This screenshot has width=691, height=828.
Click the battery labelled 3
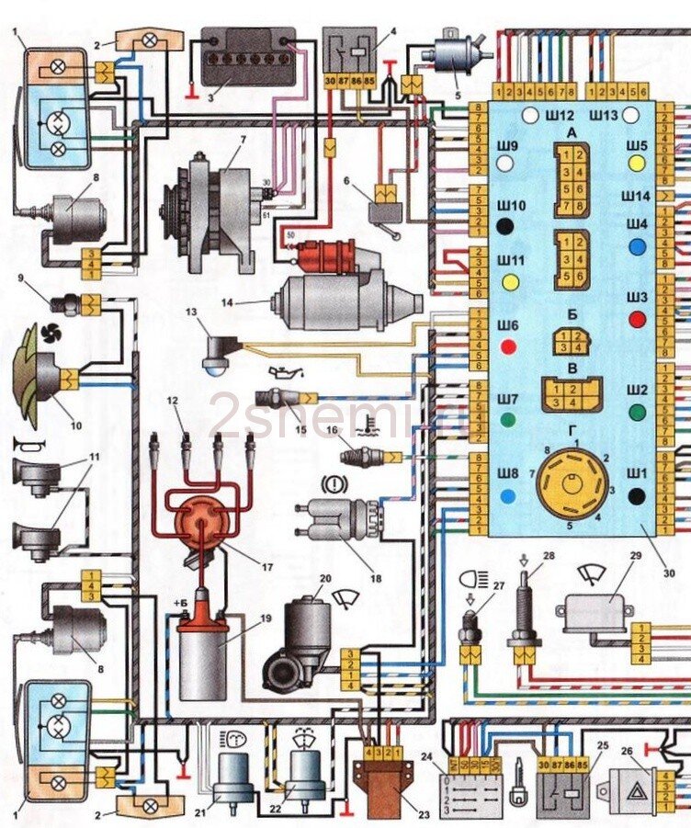248,57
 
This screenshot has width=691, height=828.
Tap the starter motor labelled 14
340,299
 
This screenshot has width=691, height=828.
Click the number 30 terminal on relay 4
332,80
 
